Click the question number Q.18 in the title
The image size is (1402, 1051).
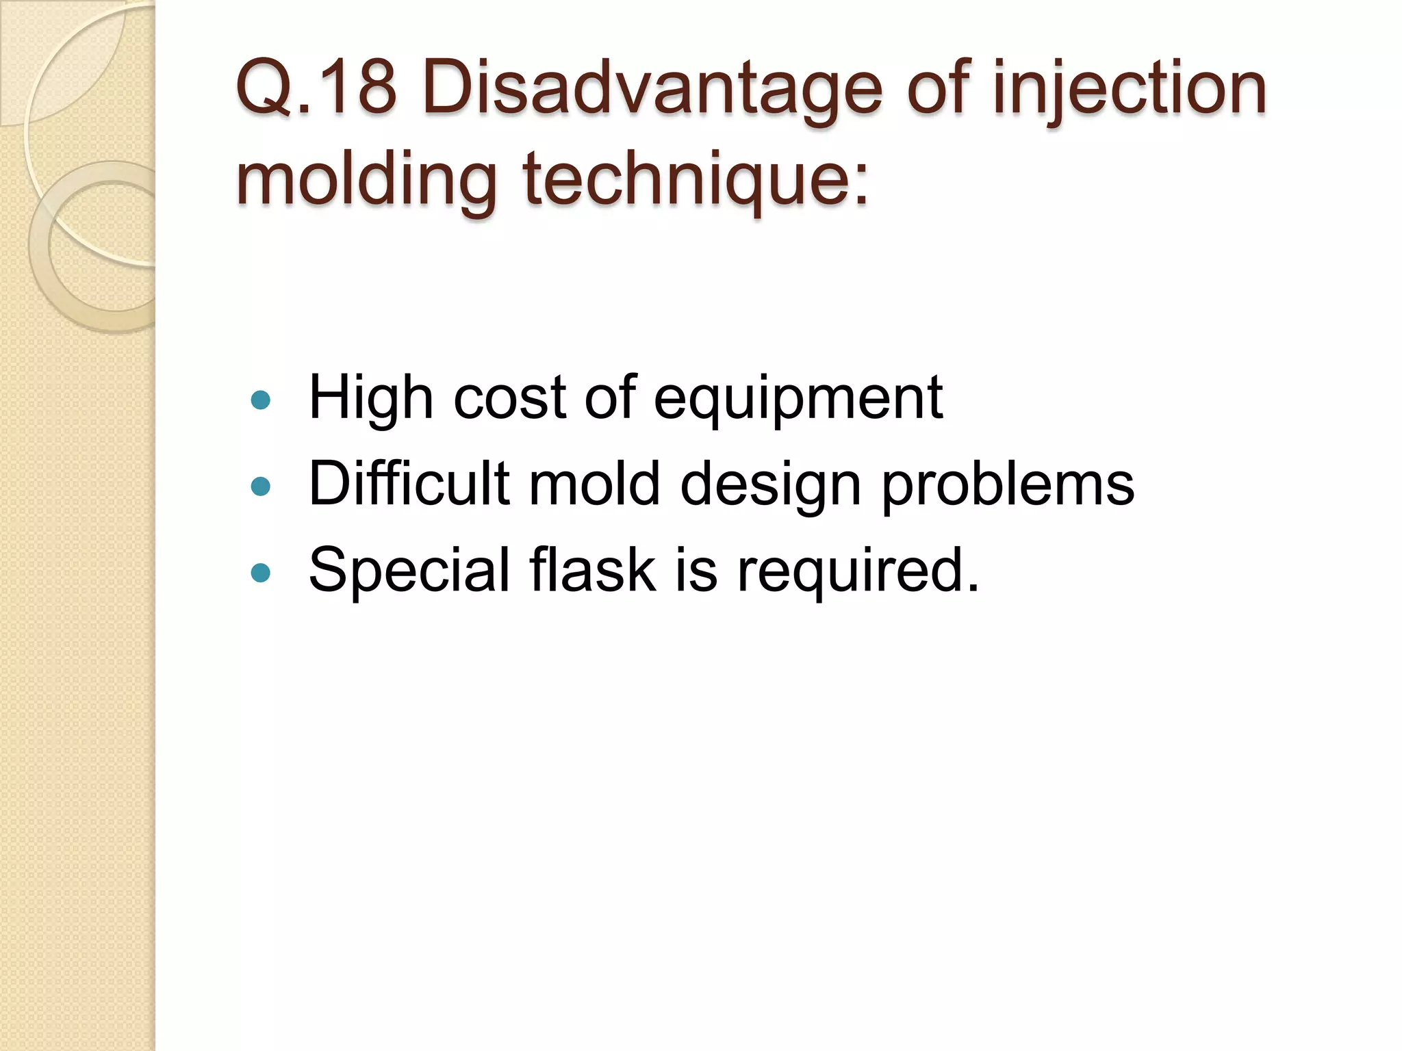pyautogui.click(x=316, y=88)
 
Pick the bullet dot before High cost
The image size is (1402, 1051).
pyautogui.click(x=261, y=400)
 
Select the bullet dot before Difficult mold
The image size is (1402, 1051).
pyautogui.click(x=261, y=486)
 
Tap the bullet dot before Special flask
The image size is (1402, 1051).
pyautogui.click(x=261, y=572)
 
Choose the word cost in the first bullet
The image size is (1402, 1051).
pyautogui.click(x=509, y=398)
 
